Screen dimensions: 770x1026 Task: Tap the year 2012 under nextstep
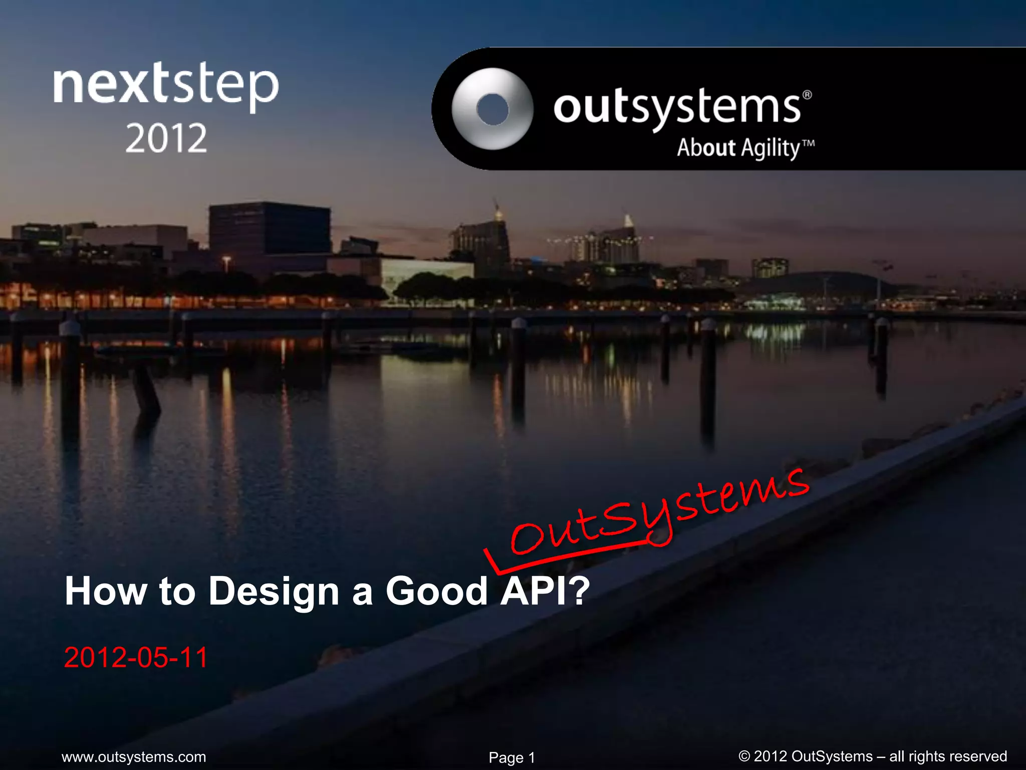click(166, 138)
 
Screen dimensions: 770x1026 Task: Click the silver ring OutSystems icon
click(492, 109)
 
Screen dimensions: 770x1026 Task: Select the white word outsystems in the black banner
click(676, 107)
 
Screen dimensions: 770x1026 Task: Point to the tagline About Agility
click(738, 148)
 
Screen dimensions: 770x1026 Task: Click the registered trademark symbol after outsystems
click(807, 95)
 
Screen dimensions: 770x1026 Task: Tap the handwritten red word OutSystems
click(656, 516)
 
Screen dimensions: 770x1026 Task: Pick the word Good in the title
click(436, 591)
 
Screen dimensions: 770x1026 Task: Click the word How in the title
click(106, 591)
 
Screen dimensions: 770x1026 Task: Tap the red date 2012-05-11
click(136, 657)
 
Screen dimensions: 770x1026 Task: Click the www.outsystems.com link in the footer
click(134, 756)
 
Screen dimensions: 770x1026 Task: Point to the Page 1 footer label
click(511, 757)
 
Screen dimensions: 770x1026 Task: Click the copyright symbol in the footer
click(744, 756)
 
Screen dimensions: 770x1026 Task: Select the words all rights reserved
click(948, 756)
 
